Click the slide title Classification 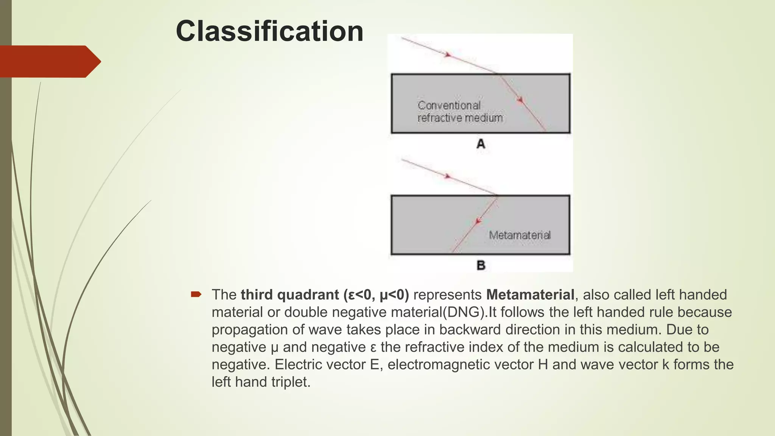pyautogui.click(x=269, y=31)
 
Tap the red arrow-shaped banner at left pyautogui.click(x=49, y=61)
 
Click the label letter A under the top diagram pyautogui.click(x=481, y=144)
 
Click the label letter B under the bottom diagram pyautogui.click(x=481, y=265)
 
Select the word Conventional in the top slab pyautogui.click(x=449, y=105)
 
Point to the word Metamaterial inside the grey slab pyautogui.click(x=520, y=235)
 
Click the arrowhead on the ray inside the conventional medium pyautogui.click(x=520, y=100)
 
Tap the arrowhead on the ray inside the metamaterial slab pyautogui.click(x=479, y=221)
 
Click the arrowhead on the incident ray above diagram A pyautogui.click(x=448, y=55)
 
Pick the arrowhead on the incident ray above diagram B pyautogui.click(x=448, y=176)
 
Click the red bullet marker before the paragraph pyautogui.click(x=196, y=294)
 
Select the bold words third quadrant pyautogui.click(x=290, y=294)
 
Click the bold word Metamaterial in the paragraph pyautogui.click(x=530, y=294)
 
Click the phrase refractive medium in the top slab pyautogui.click(x=460, y=118)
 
